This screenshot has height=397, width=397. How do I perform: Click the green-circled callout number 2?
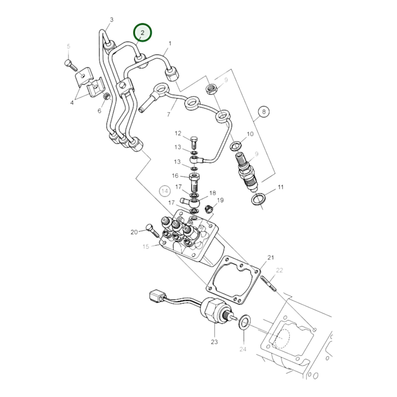[142, 33]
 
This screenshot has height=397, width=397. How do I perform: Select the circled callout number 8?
[264, 112]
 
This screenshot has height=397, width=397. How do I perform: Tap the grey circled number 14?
[165, 191]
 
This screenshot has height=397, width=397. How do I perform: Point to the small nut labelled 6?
[107, 96]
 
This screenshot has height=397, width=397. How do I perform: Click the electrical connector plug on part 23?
[156, 297]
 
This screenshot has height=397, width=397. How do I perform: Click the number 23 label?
[214, 342]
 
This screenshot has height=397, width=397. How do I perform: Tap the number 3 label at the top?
[112, 20]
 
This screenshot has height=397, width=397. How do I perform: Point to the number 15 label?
[146, 246]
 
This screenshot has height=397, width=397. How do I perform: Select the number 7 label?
[169, 114]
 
